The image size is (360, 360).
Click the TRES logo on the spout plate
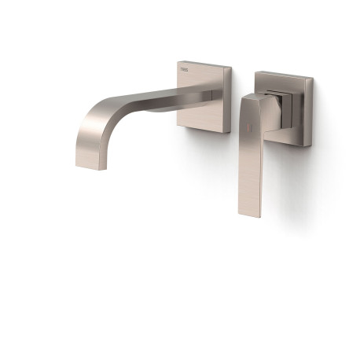185,71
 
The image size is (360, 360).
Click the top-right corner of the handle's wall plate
313,76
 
